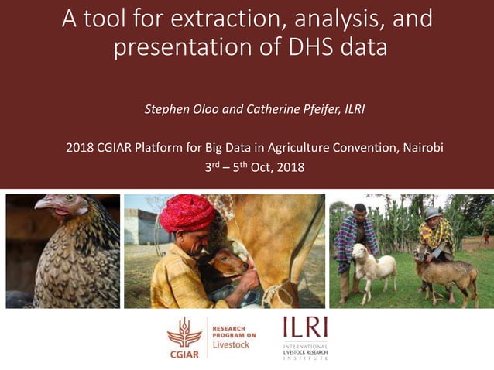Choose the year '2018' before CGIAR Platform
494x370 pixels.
(80, 147)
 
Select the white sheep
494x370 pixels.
(374, 264)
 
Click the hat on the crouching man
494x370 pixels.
(432, 212)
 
